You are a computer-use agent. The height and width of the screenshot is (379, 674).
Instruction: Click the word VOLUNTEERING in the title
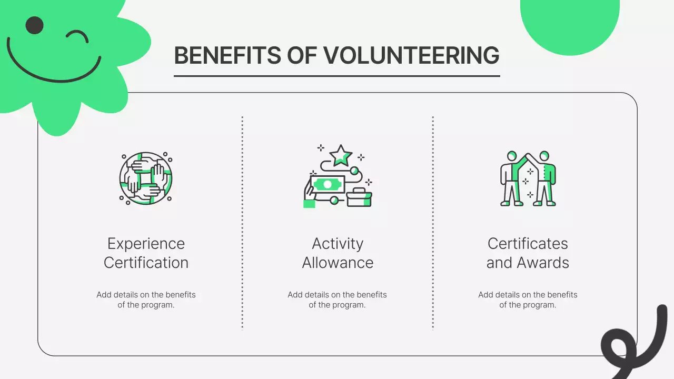point(411,56)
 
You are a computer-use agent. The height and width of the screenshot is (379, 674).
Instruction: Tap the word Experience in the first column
point(146,244)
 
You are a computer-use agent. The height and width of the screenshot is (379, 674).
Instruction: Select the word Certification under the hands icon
point(146,263)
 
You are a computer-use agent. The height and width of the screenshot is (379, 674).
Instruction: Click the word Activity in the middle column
point(338,244)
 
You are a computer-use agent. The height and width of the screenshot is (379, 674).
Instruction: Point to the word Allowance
point(338,263)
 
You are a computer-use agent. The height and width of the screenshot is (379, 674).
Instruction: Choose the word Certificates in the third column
point(528,244)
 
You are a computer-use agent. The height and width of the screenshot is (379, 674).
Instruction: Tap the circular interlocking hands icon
point(146,178)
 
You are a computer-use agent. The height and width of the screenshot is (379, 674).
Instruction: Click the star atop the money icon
point(341,155)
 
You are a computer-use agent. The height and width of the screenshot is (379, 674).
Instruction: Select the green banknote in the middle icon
point(328,184)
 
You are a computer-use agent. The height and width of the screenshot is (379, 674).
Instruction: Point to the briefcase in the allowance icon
point(359,197)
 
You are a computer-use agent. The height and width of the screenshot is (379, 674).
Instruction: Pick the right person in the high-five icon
point(545,179)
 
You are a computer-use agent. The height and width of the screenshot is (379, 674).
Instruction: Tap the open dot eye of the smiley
point(34,25)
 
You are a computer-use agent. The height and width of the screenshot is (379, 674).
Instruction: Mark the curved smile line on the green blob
point(53,74)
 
